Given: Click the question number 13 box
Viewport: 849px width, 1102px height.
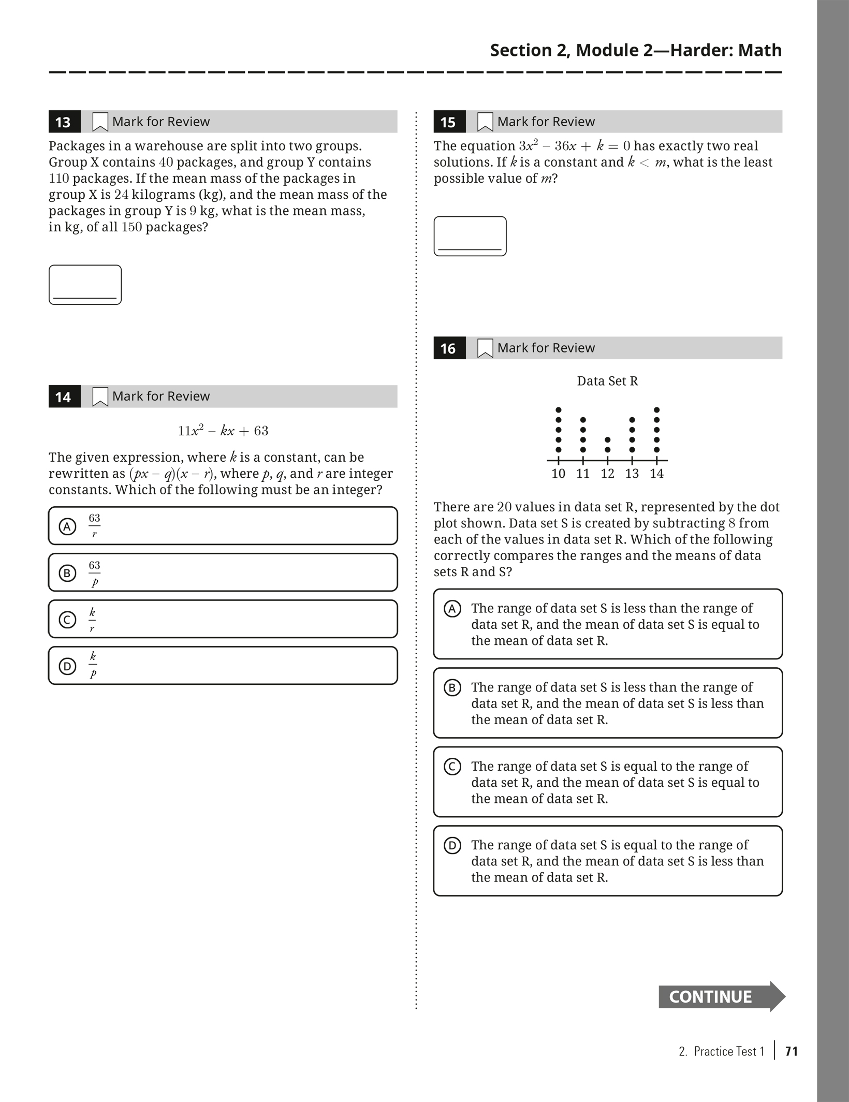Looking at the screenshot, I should (x=64, y=122).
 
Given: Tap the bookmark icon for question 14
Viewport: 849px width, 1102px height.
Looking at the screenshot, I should (x=100, y=396).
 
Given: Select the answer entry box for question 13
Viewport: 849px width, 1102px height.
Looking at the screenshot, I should (x=85, y=285).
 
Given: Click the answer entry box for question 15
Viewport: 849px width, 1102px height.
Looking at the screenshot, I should (x=470, y=236).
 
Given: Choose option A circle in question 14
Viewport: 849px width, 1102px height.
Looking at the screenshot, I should (x=67, y=526).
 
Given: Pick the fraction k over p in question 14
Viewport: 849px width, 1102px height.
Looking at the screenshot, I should (x=93, y=665).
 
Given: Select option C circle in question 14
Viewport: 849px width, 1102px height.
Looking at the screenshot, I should (x=67, y=620).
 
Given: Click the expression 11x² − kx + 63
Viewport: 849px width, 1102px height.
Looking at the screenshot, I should (x=223, y=431).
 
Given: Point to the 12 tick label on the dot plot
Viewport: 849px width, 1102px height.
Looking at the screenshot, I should (x=607, y=474).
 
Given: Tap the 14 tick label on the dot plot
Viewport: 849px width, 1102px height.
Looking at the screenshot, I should (x=656, y=474).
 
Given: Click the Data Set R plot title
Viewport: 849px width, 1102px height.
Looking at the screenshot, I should (x=607, y=381).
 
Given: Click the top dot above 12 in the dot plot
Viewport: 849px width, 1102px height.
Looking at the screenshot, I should (x=607, y=440).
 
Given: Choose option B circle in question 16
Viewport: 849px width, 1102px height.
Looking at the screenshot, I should (x=452, y=688).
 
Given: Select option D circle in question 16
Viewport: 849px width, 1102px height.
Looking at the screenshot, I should (x=452, y=846).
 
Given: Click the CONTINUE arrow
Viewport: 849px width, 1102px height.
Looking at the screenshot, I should (x=721, y=996).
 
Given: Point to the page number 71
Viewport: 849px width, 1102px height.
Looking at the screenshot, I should (x=792, y=1051).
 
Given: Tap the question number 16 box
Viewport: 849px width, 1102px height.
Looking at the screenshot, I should (x=449, y=348).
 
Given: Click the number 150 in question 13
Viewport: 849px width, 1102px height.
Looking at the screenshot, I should (x=131, y=227).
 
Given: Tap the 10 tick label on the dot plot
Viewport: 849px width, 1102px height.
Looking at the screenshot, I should (x=558, y=474).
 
